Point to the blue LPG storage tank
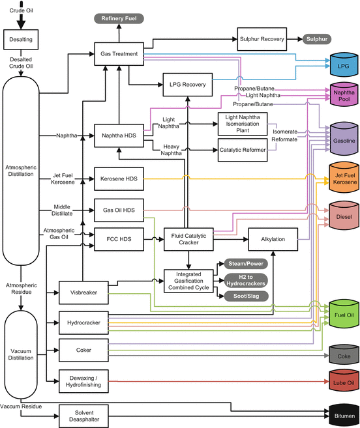[342, 66]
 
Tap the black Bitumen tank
[342, 415]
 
